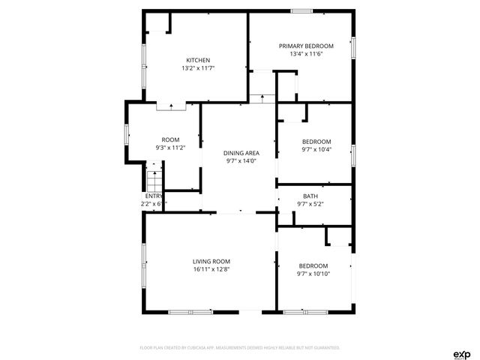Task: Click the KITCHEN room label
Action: point(198,60)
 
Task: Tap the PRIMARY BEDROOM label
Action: point(306,46)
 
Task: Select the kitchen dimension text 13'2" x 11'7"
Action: point(198,68)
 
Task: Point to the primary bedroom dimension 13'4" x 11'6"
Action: point(306,54)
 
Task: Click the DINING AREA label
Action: point(240,153)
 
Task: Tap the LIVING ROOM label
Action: point(211,261)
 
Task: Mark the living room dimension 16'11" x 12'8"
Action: point(211,269)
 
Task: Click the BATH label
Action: point(310,196)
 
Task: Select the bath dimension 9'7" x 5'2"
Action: point(310,204)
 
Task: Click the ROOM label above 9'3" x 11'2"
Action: point(170,139)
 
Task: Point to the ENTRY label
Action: point(153,196)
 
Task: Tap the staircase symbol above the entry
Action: point(154,182)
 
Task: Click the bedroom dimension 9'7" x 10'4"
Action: point(316,149)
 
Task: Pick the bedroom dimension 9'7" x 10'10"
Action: point(313,274)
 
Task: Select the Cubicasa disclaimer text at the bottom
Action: point(240,348)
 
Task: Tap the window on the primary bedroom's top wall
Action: point(302,10)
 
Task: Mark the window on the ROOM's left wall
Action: point(127,134)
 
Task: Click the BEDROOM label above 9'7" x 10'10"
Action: point(313,265)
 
